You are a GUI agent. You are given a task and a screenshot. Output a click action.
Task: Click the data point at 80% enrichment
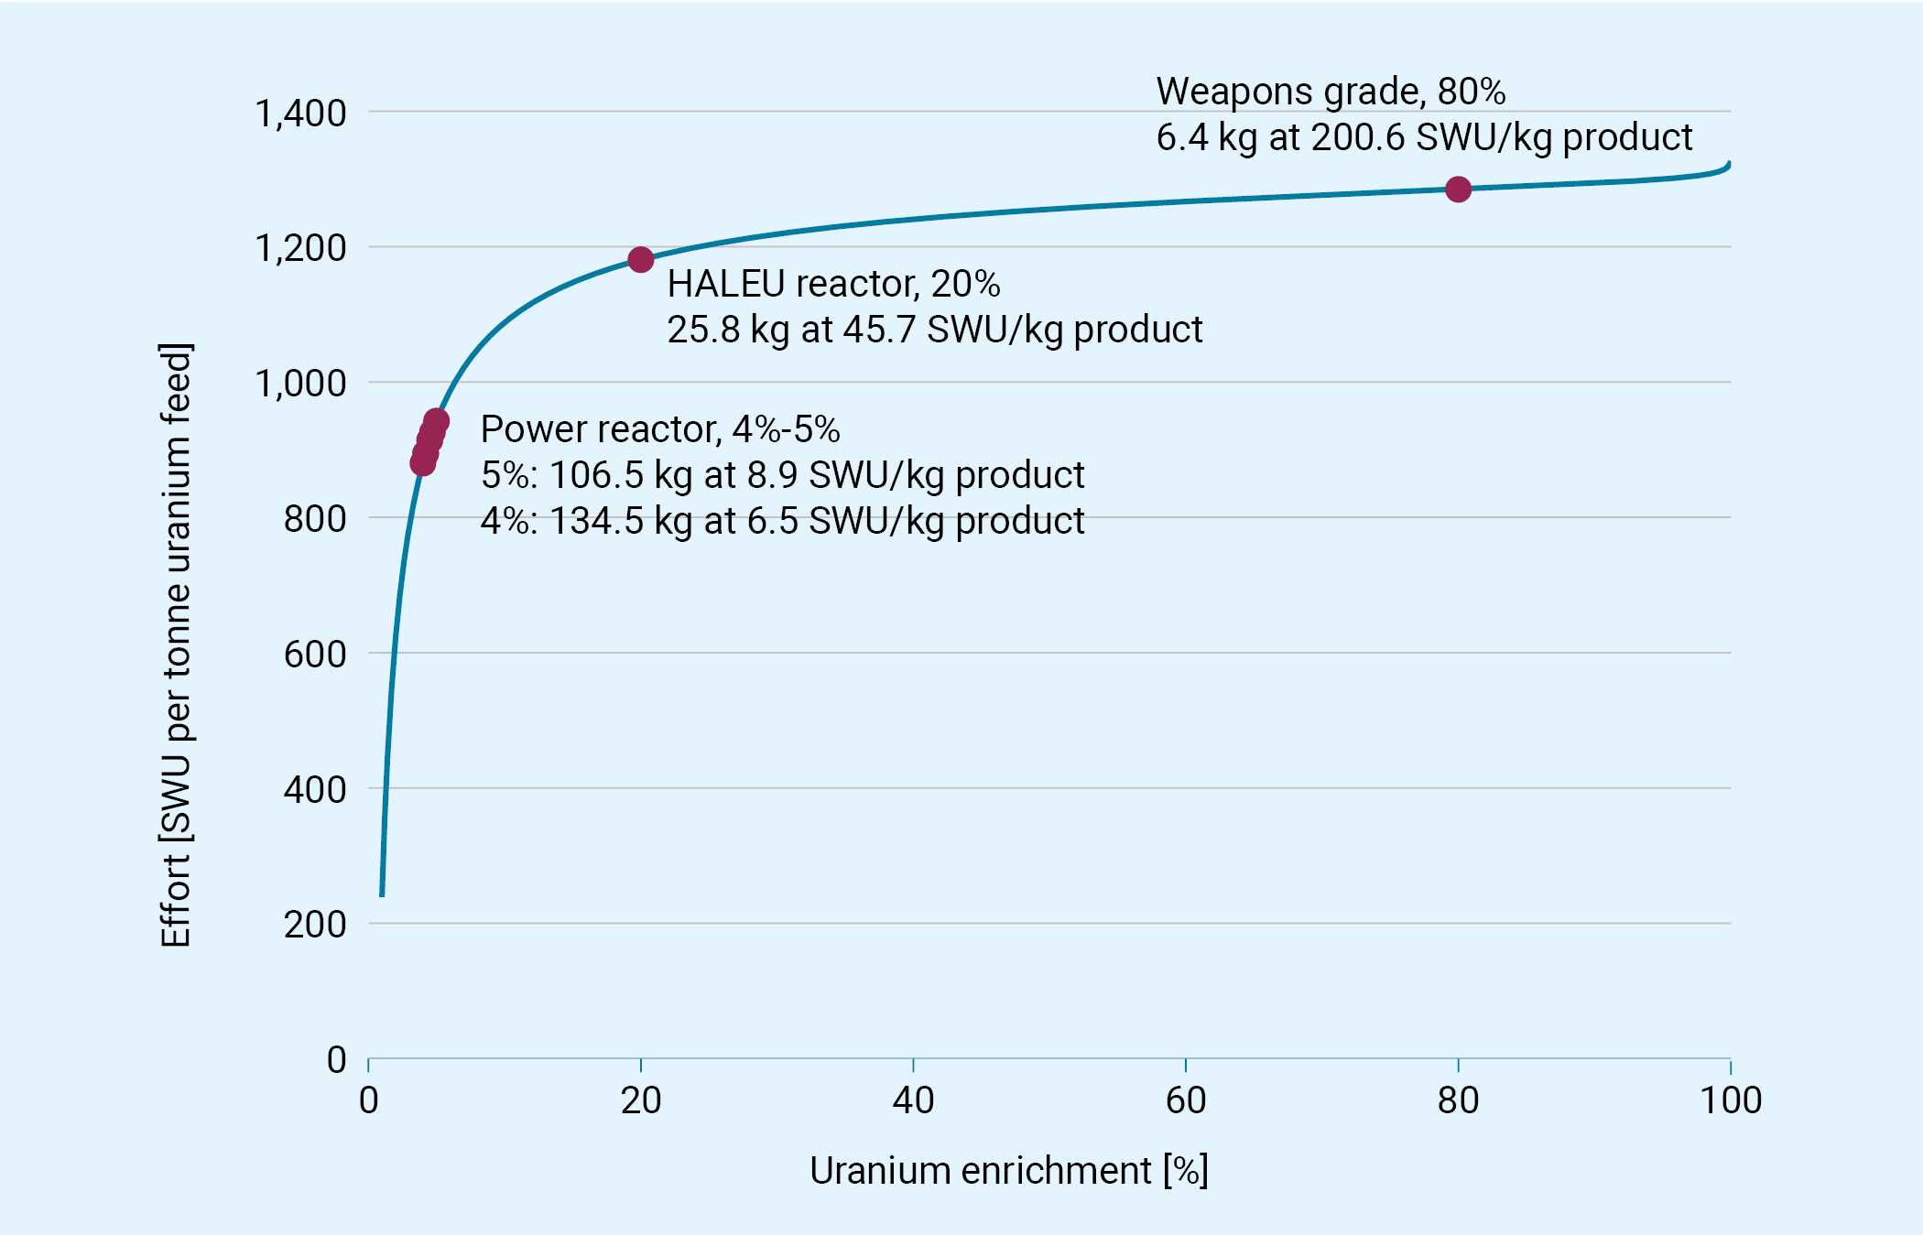point(1458,190)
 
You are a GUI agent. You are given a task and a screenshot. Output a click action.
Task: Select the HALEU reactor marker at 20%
point(641,260)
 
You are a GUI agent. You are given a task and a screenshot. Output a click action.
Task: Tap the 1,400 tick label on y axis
point(300,114)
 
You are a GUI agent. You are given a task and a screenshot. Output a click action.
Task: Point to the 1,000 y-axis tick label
point(300,384)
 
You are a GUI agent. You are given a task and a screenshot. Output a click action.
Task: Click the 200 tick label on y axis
point(315,925)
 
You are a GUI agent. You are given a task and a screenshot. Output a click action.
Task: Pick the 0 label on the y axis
point(336,1060)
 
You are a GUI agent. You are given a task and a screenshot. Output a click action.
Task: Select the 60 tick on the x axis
point(1185,1100)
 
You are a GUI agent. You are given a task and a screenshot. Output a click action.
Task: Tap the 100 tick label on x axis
point(1730,1100)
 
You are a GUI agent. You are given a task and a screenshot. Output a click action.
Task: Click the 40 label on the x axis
point(913,1100)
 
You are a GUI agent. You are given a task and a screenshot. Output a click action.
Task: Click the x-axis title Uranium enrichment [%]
point(1008,1171)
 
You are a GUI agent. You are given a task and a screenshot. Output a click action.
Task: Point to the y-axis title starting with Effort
point(176,645)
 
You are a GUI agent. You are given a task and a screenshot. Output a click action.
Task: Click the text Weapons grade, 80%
point(1330,92)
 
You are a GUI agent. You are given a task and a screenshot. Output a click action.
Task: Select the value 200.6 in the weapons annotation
point(1357,137)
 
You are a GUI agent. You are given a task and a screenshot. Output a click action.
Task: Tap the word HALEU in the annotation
point(726,284)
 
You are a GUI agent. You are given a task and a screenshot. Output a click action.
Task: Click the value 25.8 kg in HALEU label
point(728,330)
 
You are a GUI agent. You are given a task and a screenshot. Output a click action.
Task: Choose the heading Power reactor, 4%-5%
point(659,429)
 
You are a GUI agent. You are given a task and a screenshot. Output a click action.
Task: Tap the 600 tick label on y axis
point(315,655)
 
